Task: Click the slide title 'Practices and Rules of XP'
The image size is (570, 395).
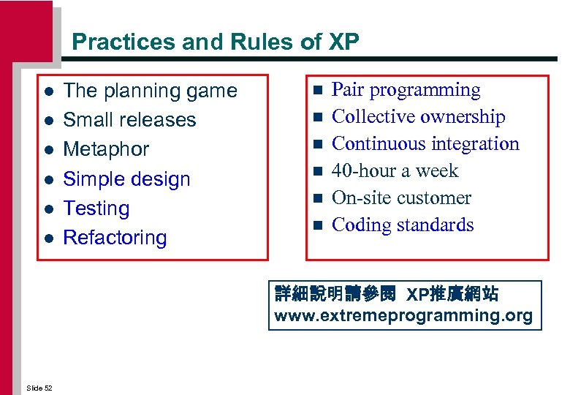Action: click(216, 42)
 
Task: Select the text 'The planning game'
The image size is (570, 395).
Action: click(150, 91)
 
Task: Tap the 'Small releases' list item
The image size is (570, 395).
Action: click(129, 120)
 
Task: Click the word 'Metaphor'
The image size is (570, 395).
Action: click(106, 149)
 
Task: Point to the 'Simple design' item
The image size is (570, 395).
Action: click(126, 179)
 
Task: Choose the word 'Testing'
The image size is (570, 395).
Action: click(96, 208)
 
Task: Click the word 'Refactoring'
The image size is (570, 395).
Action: click(115, 238)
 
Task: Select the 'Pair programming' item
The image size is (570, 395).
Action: click(406, 90)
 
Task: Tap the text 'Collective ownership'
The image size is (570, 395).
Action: click(418, 117)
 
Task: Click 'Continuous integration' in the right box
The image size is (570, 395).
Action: click(425, 144)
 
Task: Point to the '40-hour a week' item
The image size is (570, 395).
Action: click(395, 171)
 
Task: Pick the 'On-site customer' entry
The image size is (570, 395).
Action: click(401, 198)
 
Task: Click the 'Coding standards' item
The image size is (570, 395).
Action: click(403, 225)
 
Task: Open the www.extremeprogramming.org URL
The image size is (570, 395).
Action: click(403, 317)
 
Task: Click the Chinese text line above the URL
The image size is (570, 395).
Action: click(387, 295)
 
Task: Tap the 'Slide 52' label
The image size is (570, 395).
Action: click(39, 388)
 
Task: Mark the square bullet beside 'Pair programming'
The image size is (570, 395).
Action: click(316, 91)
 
